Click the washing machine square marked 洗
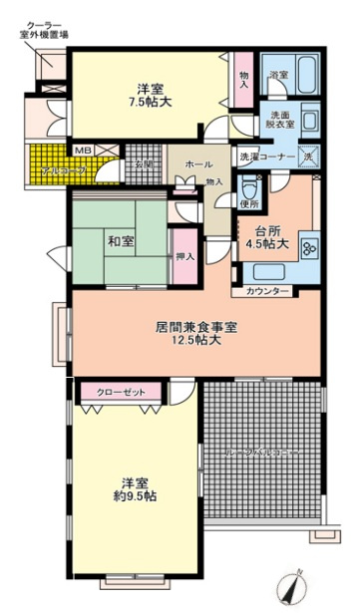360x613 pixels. [310, 156]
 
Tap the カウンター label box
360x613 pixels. [264, 292]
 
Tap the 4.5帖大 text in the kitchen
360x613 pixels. [271, 242]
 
